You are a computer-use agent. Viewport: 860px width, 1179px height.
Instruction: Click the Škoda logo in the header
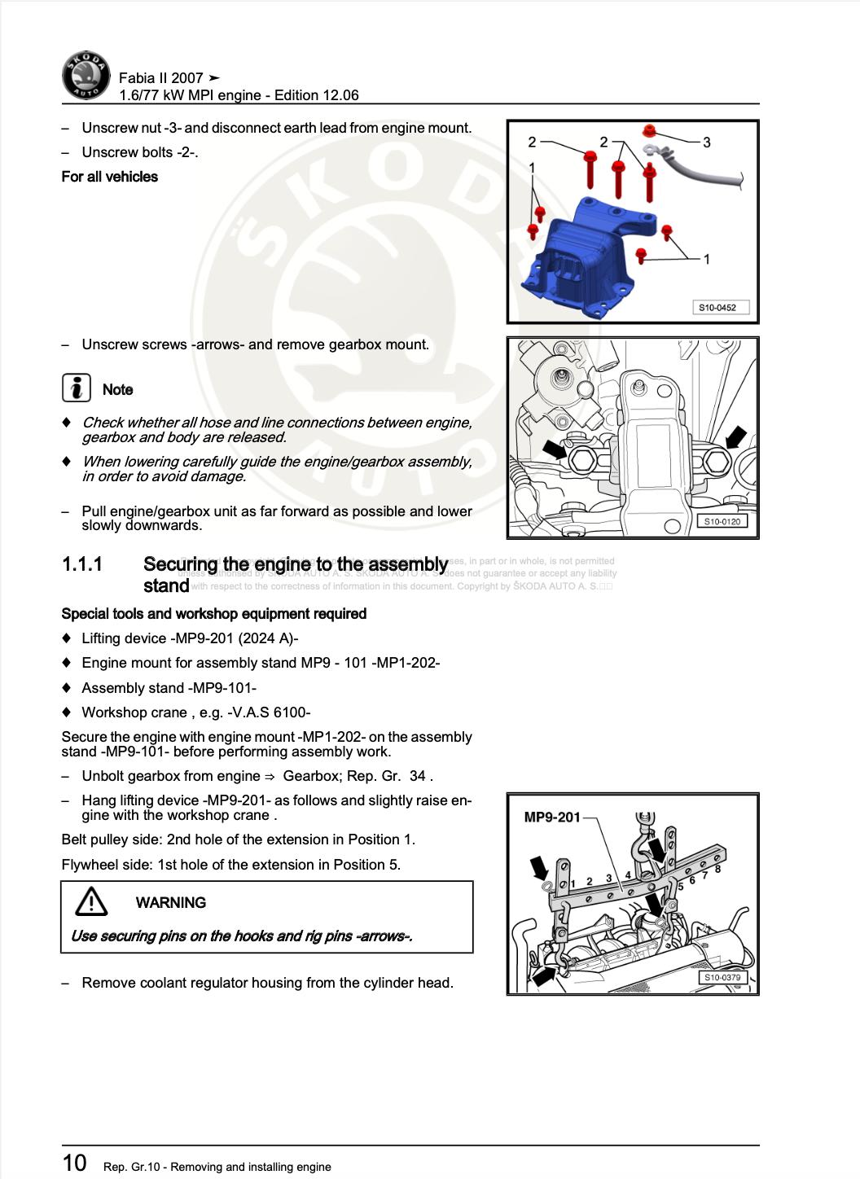tap(86, 77)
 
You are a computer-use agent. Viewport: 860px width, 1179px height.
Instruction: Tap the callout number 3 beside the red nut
tap(706, 142)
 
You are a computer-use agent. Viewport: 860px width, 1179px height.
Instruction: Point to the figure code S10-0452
tap(717, 308)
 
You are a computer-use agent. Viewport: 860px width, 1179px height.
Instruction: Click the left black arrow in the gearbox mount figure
tap(555, 448)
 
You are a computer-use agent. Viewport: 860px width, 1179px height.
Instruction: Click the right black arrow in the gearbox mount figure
tap(735, 437)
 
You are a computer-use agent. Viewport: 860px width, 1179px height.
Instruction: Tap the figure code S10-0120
tap(722, 521)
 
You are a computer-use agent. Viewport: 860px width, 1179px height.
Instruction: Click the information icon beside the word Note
tap(77, 388)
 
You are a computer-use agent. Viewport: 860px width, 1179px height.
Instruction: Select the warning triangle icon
tap(91, 901)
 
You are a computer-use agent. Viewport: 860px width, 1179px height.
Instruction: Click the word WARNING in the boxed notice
tap(170, 902)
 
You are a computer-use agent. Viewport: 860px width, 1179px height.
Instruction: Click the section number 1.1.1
tap(82, 564)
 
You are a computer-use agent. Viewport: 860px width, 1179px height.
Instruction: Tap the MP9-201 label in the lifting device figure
tap(551, 817)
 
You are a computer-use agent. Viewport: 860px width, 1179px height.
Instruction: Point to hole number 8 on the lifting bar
tap(717, 869)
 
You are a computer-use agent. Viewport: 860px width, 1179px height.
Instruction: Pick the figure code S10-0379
tap(722, 977)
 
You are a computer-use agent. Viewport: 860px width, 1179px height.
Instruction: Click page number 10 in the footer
tap(74, 1162)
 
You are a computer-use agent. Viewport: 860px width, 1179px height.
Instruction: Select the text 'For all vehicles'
tap(110, 177)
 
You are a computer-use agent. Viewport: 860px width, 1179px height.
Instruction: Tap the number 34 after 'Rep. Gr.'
tap(417, 776)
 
